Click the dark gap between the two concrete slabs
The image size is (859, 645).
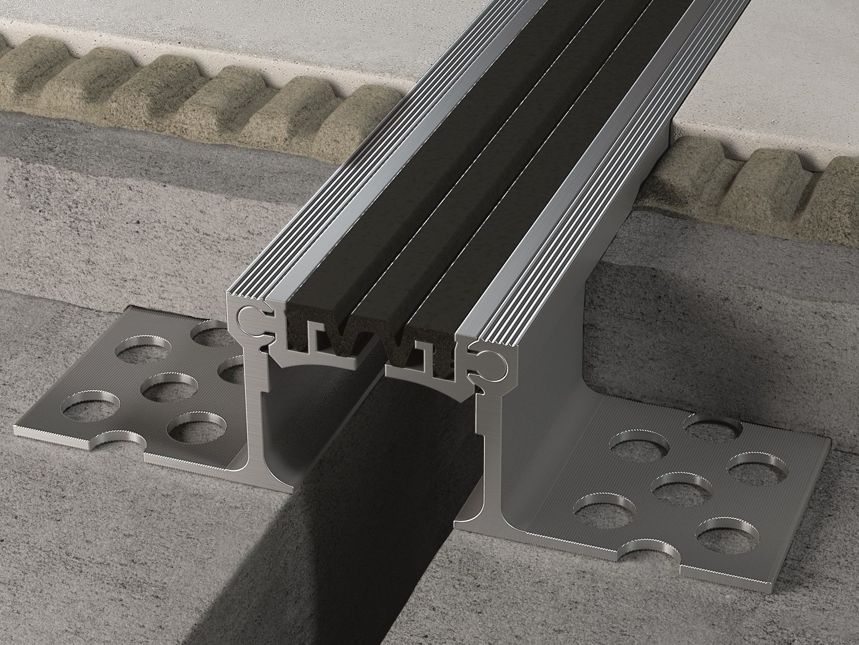tap(349, 546)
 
